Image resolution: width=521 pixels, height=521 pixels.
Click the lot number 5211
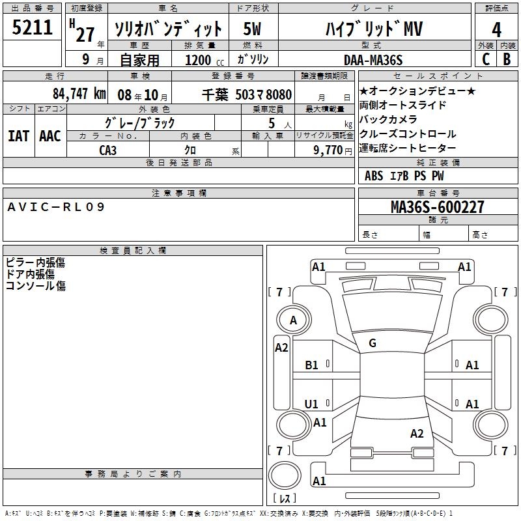point(33,28)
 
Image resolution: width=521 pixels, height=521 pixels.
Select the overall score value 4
point(496,30)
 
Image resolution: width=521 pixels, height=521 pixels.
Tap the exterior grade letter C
point(485,59)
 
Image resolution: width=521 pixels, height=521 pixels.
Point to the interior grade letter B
point(507,59)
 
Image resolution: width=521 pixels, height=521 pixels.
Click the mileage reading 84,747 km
point(79,94)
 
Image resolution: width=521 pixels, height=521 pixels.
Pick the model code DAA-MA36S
point(373,60)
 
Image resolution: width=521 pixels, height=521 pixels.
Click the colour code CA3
point(108,150)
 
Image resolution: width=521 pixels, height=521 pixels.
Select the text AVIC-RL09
point(55,207)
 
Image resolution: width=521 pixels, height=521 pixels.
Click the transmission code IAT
point(18,135)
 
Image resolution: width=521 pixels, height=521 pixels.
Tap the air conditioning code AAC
point(50,135)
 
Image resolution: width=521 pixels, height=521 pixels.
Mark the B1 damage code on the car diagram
point(312,365)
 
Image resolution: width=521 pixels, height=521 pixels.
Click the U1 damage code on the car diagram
point(312,404)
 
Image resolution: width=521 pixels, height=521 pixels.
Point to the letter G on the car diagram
point(373,343)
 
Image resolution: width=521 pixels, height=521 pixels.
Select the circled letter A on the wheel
point(293,320)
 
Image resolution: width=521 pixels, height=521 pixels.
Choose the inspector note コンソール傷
point(36,285)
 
